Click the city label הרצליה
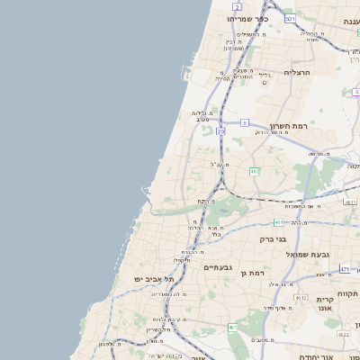tap(296, 71)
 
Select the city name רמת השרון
tap(288, 127)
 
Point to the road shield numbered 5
tap(244, 121)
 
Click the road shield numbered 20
tap(220, 130)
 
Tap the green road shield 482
tap(255, 170)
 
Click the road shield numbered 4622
tap(343, 334)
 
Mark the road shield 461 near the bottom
tap(232, 328)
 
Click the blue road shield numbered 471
tap(346, 269)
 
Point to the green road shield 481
tap(280, 221)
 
